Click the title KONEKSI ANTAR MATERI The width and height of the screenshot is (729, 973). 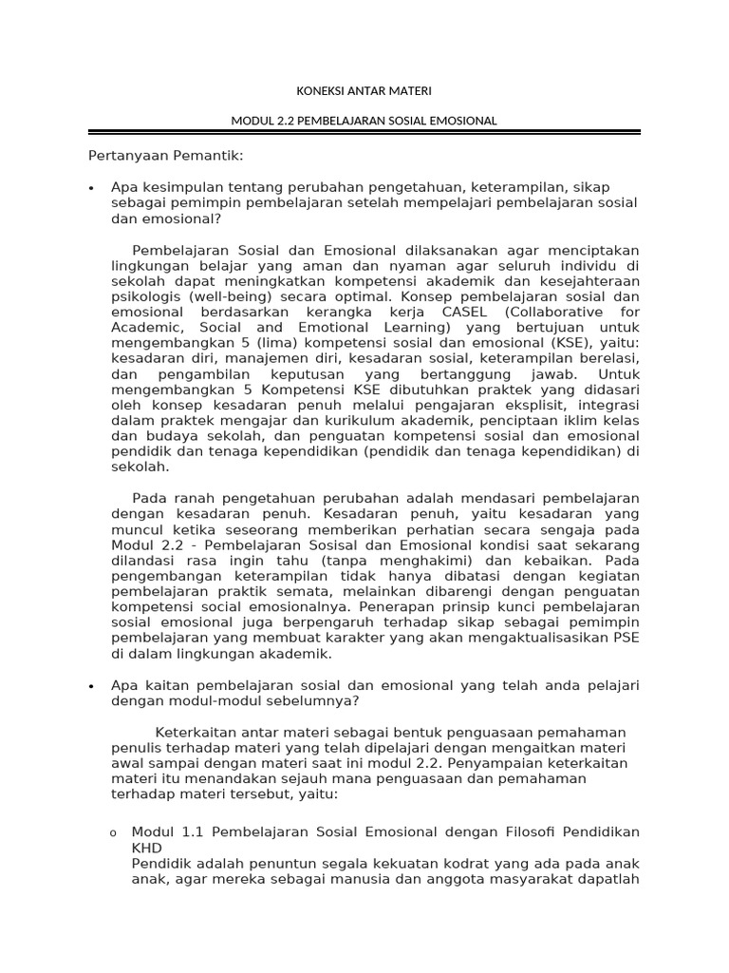pos(364,91)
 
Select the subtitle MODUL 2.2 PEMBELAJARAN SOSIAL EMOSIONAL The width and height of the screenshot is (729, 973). pos(364,121)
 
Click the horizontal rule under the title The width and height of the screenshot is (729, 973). pos(364,132)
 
